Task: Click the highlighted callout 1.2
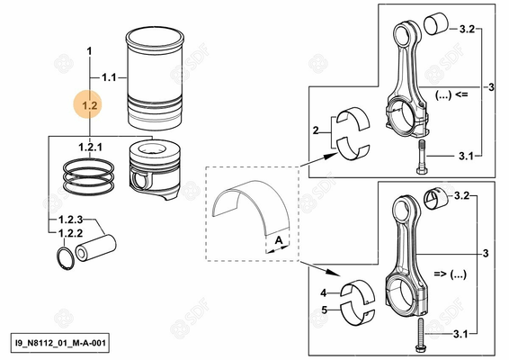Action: click(x=89, y=106)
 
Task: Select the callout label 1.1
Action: click(x=109, y=77)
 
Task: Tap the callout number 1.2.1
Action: click(x=90, y=146)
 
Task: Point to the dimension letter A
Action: click(x=280, y=239)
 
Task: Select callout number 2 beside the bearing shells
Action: click(x=316, y=131)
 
